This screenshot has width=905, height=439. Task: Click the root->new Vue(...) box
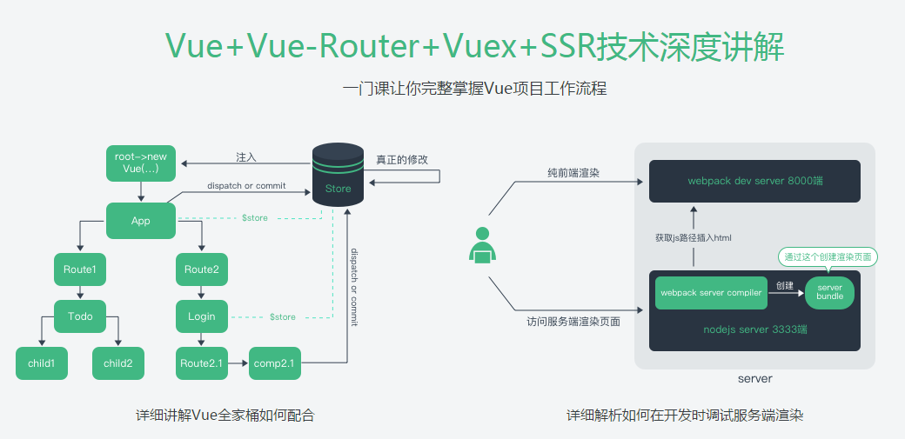pyautogui.click(x=141, y=163)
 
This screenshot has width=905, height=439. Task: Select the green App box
pyautogui.click(x=141, y=221)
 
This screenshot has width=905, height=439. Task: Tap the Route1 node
pyautogui.click(x=79, y=269)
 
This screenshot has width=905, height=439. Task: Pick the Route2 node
pyautogui.click(x=201, y=269)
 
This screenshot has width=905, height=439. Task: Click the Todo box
pyautogui.click(x=79, y=316)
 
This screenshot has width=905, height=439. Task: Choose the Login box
pyautogui.click(x=201, y=316)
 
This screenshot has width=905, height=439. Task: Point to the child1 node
pyautogui.click(x=41, y=363)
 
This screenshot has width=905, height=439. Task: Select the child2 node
pyautogui.click(x=118, y=363)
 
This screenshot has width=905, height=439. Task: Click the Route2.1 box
pyautogui.click(x=201, y=363)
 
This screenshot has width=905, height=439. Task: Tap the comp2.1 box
pyautogui.click(x=275, y=363)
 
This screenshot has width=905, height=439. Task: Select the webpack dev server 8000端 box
pyautogui.click(x=754, y=182)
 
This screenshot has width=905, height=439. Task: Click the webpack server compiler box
pyautogui.click(x=711, y=293)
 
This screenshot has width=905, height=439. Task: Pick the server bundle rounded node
pyautogui.click(x=829, y=292)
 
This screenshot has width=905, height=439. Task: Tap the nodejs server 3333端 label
pyautogui.click(x=755, y=329)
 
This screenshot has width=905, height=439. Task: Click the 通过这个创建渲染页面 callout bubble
pyautogui.click(x=826, y=256)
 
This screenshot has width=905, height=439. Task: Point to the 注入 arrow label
pyautogui.click(x=246, y=157)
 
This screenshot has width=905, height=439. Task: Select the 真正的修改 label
pyautogui.click(x=402, y=160)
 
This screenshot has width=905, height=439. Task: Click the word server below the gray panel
pyautogui.click(x=754, y=379)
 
